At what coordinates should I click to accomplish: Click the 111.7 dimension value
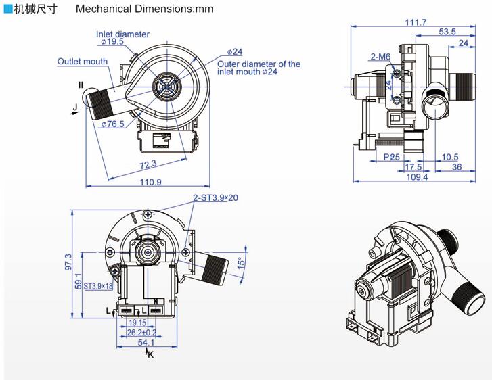[x=416, y=22]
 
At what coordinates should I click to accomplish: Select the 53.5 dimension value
[x=447, y=32]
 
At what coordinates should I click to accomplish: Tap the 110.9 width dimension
[x=150, y=182]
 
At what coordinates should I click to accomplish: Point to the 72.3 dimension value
[x=148, y=164]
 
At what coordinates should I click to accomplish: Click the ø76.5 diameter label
[x=112, y=124]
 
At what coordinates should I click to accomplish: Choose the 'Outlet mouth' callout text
[x=82, y=62]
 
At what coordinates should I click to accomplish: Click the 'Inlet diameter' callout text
[x=122, y=34]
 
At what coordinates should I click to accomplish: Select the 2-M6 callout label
[x=380, y=57]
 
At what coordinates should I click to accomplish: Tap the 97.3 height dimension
[x=68, y=262]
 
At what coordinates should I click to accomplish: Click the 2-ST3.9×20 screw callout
[x=215, y=197]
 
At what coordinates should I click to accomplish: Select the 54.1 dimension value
[x=146, y=343]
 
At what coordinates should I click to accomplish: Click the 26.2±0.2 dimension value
[x=141, y=332]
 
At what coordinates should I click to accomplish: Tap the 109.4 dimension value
[x=416, y=178]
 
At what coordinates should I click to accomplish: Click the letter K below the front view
[x=150, y=354]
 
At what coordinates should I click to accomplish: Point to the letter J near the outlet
[x=76, y=107]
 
